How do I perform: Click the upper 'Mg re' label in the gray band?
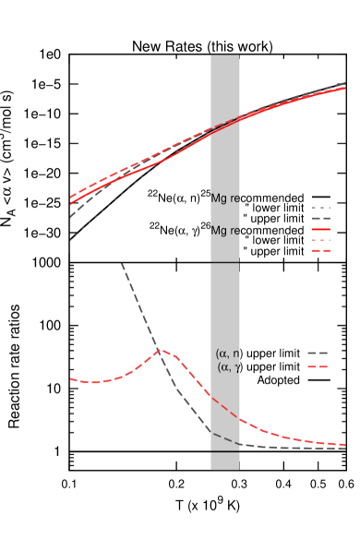[x=225, y=198]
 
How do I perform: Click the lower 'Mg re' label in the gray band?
[x=225, y=231]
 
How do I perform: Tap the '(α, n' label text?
[x=227, y=354]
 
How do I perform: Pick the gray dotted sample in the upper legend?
[x=320, y=208]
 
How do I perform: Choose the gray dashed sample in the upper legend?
[x=320, y=218]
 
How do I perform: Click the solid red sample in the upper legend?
[x=320, y=229]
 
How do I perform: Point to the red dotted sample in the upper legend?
[x=320, y=240]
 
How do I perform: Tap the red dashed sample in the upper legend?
[x=320, y=250]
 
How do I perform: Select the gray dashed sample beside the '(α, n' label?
[x=318, y=354]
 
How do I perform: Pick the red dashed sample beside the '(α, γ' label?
[x=318, y=367]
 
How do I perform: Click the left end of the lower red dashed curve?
[x=70, y=379]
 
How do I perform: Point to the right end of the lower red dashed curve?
[x=345, y=445]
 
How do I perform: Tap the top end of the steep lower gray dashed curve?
[x=122, y=264]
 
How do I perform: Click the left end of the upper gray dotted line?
[x=70, y=239]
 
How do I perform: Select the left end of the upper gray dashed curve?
[x=70, y=217]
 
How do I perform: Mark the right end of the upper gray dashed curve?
[x=345, y=83]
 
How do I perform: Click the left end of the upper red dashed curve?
[x=70, y=197]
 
